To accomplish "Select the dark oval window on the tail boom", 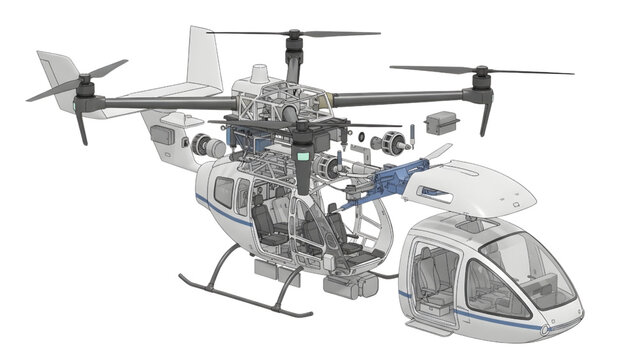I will tap(163, 134).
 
